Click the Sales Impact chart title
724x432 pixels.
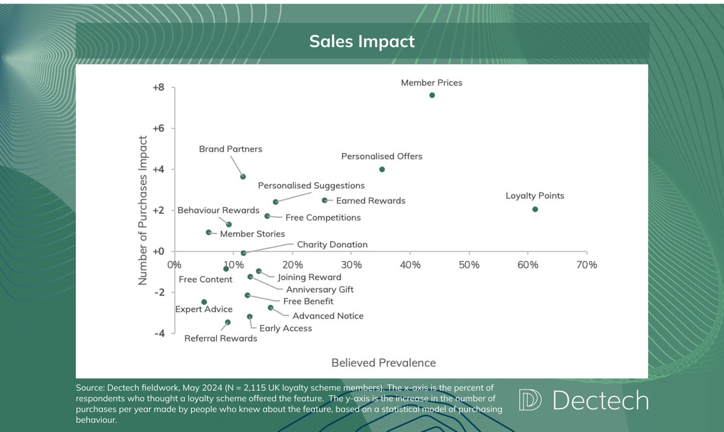[362, 41]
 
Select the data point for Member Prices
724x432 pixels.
[432, 95]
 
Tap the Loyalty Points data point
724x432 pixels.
[535, 209]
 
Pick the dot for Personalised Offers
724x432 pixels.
[382, 169]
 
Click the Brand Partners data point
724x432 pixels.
[243, 177]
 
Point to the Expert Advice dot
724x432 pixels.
[204, 302]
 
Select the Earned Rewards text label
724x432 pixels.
[370, 201]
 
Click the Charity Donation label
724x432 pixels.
[332, 245]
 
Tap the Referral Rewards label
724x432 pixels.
[221, 338]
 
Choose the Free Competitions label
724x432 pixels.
[323, 217]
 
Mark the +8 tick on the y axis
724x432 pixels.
[157, 87]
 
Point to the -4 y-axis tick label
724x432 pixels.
[158, 333]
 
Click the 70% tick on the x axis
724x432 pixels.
[586, 265]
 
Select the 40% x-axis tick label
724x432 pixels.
[410, 265]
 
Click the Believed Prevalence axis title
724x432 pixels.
[383, 362]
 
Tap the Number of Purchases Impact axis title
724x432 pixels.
[143, 210]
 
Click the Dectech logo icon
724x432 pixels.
[530, 401]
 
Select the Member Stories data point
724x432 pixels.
[209, 232]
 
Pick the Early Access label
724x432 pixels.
[285, 328]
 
